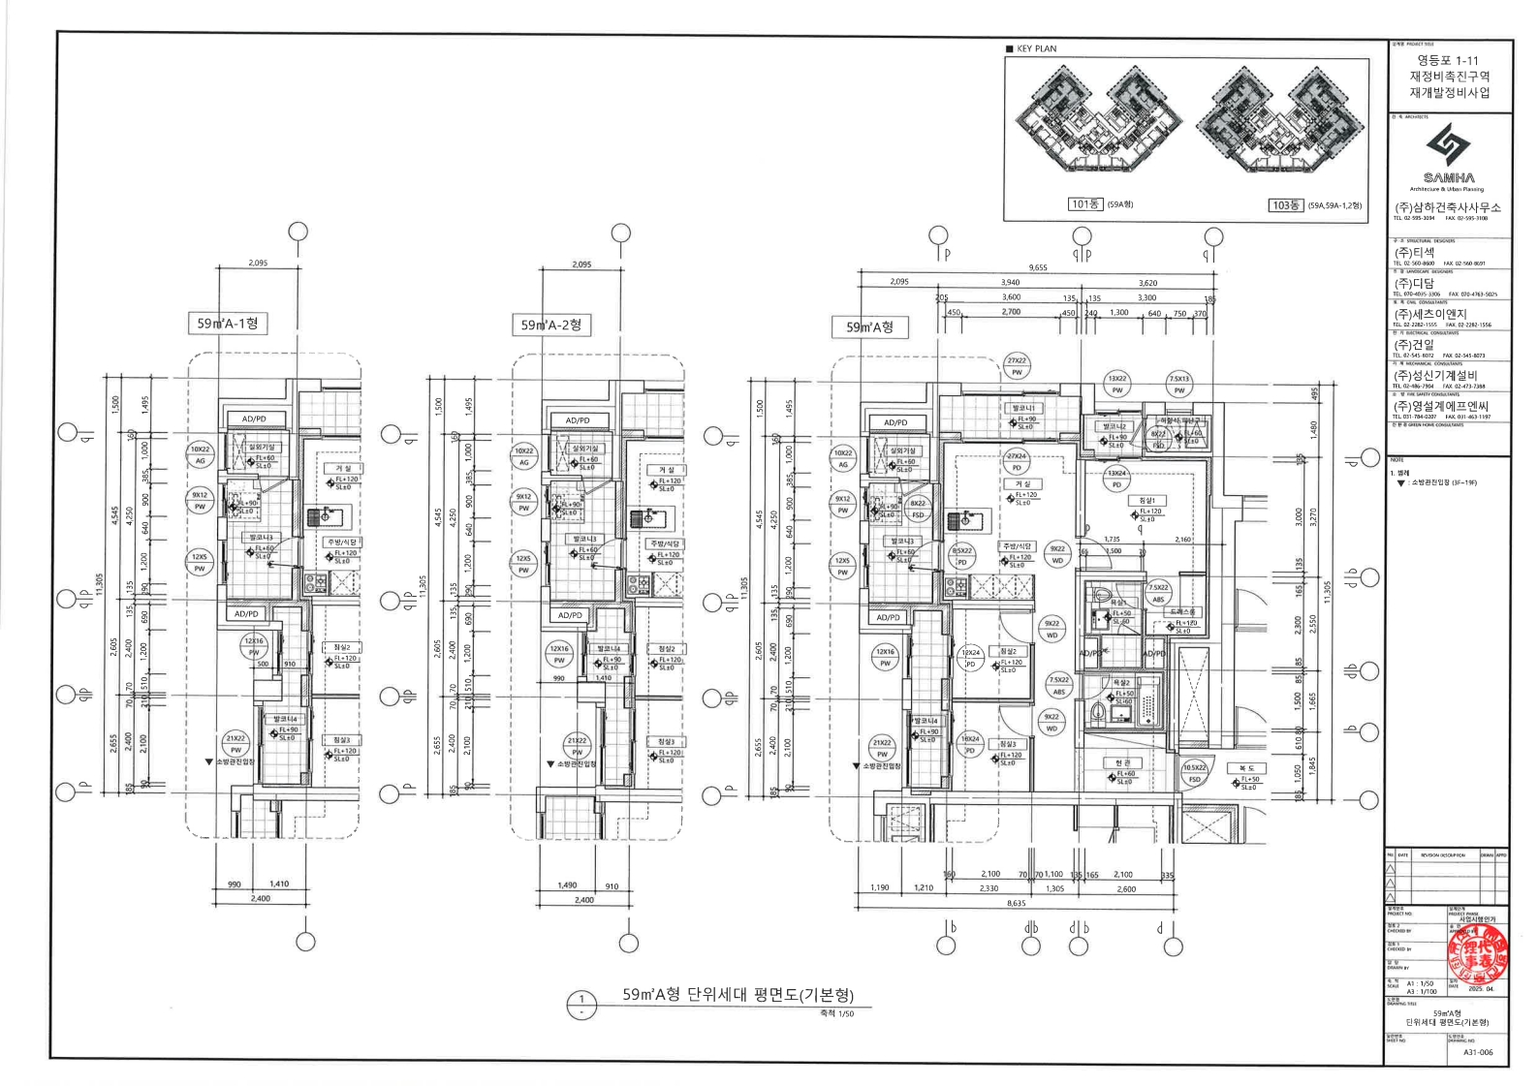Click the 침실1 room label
tap(1148, 501)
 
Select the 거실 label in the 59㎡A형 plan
tap(1022, 483)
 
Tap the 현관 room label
tap(1122, 763)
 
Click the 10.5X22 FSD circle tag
tap(1194, 773)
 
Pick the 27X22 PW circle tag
tap(1017, 366)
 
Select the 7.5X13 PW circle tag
tap(1179, 385)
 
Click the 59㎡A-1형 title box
tap(228, 324)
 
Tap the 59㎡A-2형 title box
tap(550, 326)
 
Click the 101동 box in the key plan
tap(1085, 204)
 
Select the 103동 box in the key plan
tap(1285, 205)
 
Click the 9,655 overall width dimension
tap(1038, 267)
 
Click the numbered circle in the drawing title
tap(581, 1005)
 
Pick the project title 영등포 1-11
tap(1448, 60)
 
